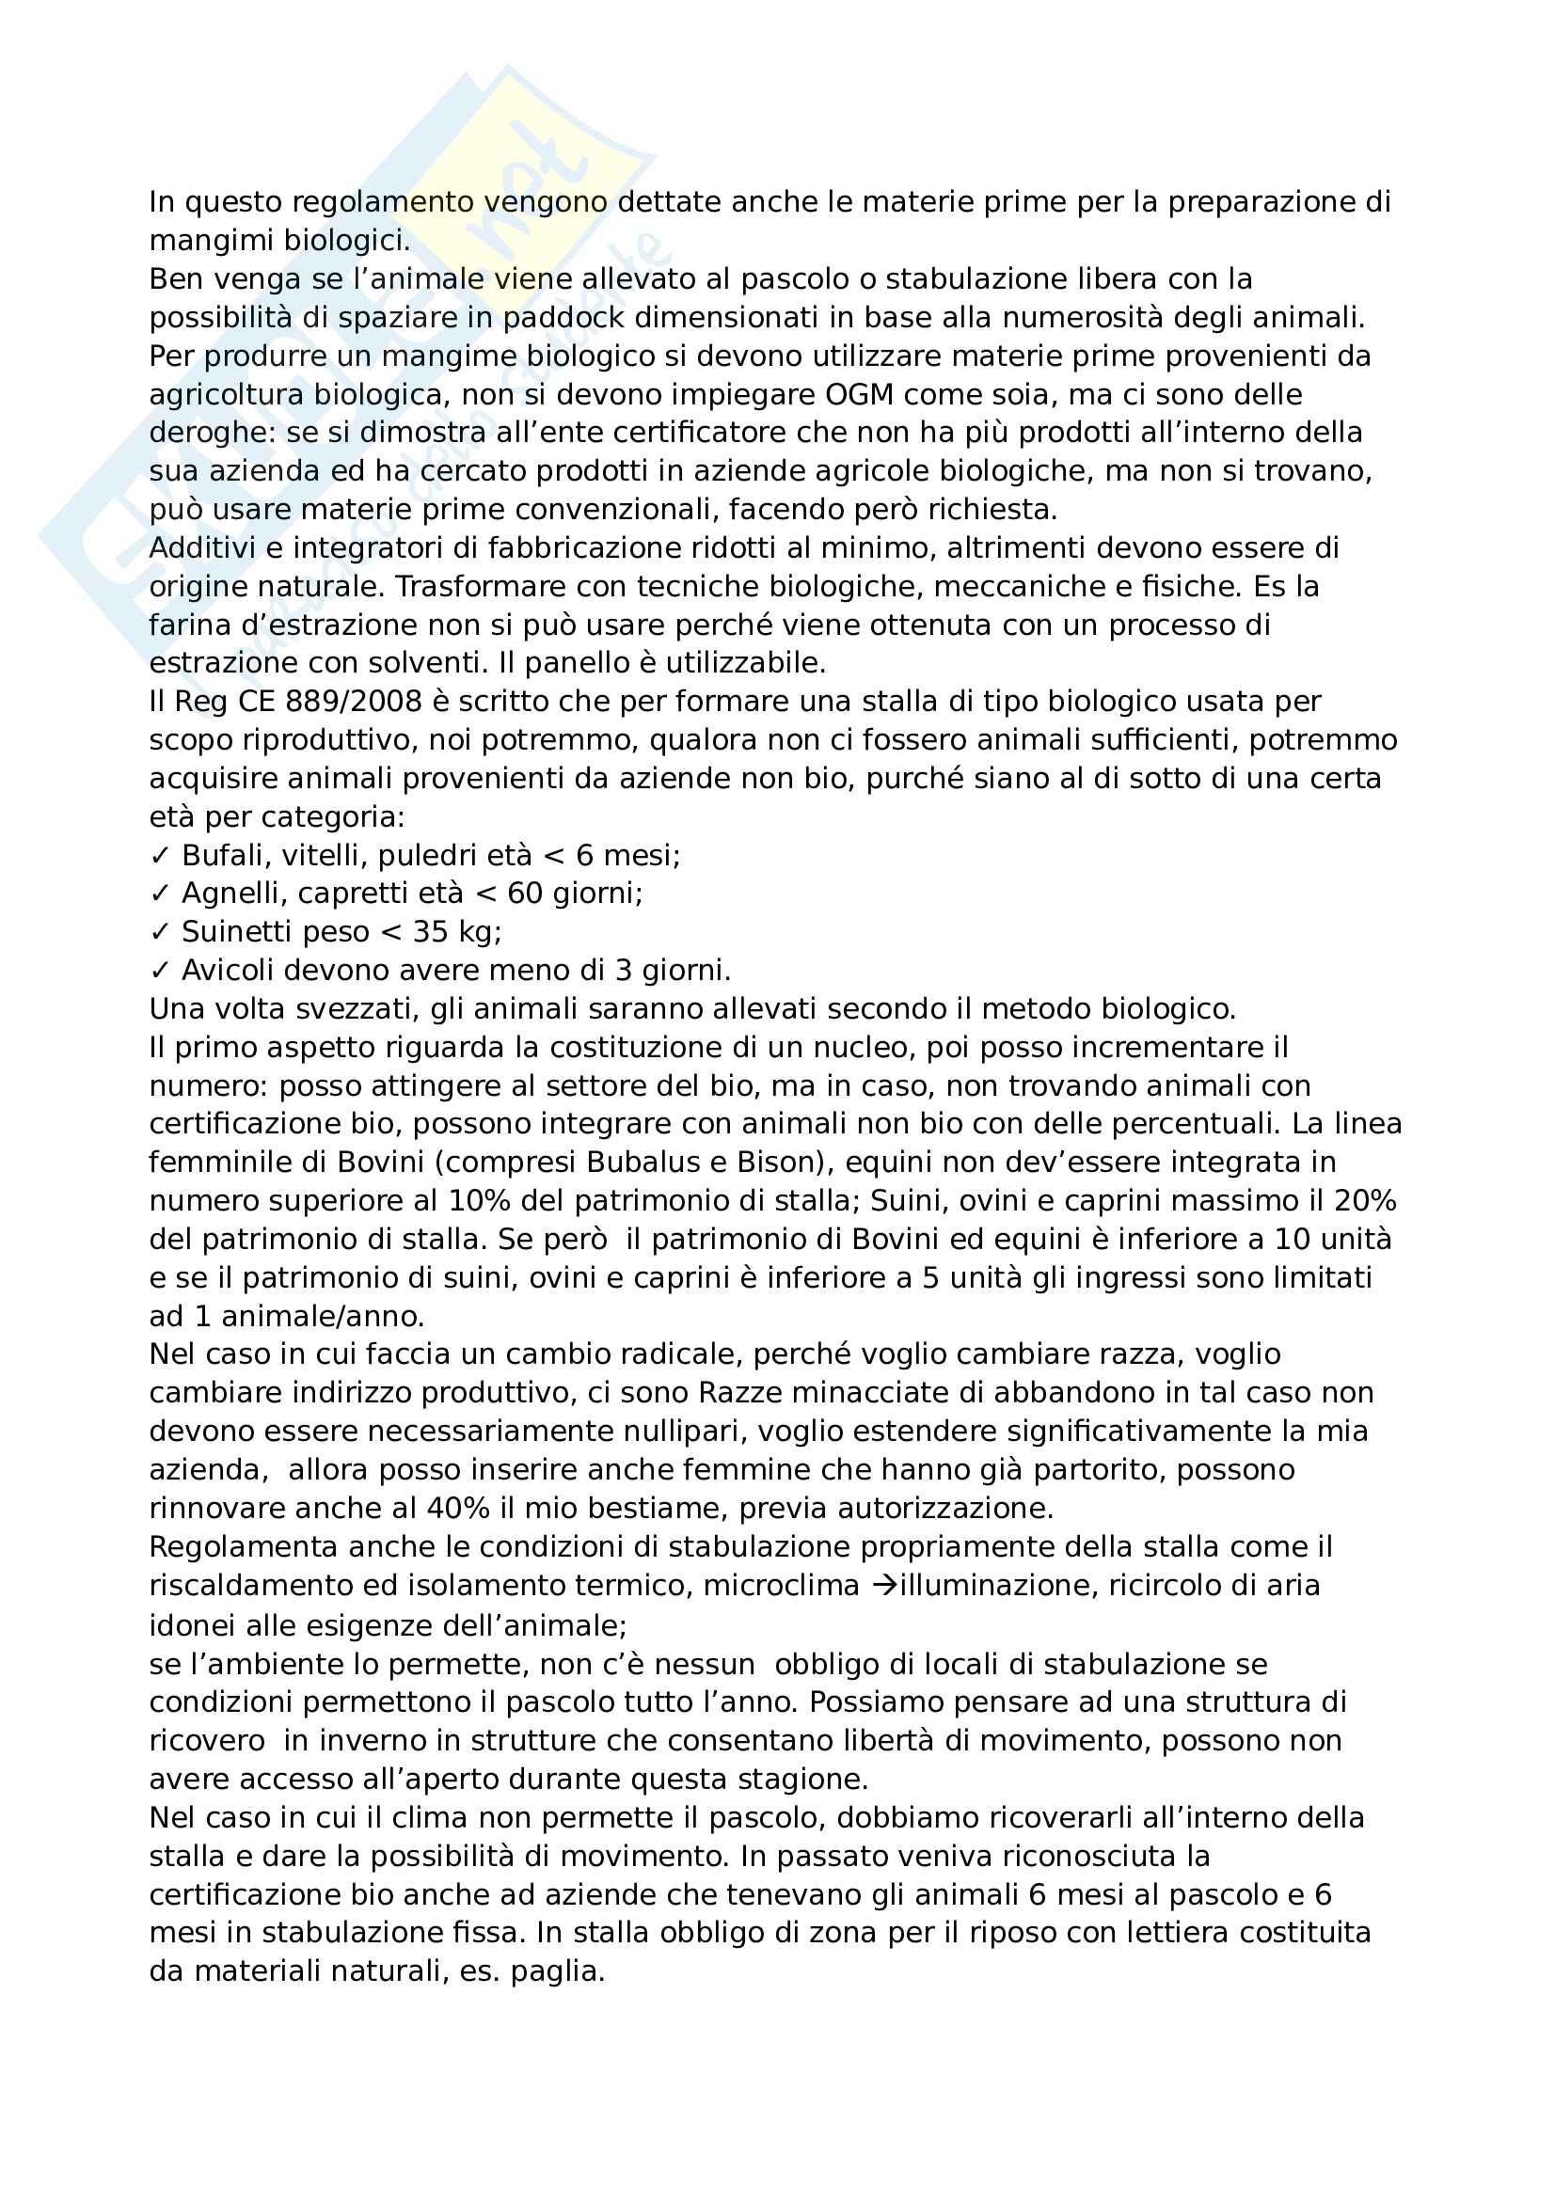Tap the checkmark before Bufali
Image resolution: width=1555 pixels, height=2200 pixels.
[159, 856]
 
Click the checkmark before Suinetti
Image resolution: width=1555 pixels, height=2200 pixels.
[159, 932]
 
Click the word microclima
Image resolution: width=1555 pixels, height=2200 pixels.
[781, 1586]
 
